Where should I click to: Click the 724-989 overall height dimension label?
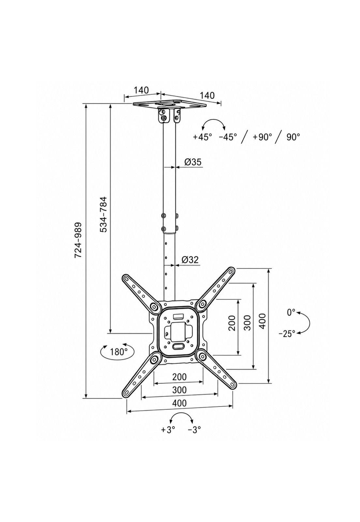coord(78,240)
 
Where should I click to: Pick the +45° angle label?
coord(202,137)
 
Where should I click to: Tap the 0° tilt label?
coord(291,312)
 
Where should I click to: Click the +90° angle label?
coord(262,137)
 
